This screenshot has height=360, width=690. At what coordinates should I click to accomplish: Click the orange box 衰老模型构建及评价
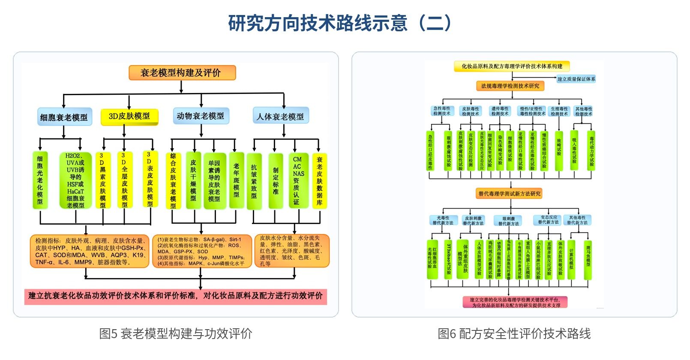pyautogui.click(x=182, y=73)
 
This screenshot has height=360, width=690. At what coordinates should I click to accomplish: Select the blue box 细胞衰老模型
pyautogui.click(x=64, y=117)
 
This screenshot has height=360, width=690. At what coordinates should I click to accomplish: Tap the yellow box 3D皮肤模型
pyautogui.click(x=129, y=117)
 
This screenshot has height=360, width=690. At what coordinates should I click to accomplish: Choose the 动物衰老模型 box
pyautogui.click(x=200, y=116)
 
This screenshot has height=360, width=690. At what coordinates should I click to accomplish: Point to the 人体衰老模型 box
pyautogui.click(x=280, y=116)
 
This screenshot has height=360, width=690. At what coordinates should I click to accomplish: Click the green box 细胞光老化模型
pyautogui.click(x=40, y=180)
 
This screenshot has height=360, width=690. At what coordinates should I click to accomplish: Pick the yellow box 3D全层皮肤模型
pyautogui.click(x=124, y=180)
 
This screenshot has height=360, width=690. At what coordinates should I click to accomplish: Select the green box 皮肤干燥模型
pyautogui.click(x=193, y=180)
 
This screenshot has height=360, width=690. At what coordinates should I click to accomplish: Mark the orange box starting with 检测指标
pyautogui.click(x=90, y=251)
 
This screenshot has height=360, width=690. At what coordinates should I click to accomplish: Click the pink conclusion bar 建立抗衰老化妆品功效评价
pyautogui.click(x=176, y=296)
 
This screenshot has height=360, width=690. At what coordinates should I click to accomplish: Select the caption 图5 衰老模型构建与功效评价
pyautogui.click(x=176, y=333)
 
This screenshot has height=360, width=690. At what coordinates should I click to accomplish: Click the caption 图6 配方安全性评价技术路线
pyautogui.click(x=514, y=333)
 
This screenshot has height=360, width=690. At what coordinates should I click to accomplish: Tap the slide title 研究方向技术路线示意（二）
pyautogui.click(x=340, y=23)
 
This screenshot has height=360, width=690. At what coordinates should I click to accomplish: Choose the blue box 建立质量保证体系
pyautogui.click(x=576, y=79)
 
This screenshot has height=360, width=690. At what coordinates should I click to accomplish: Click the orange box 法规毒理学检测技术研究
pyautogui.click(x=510, y=86)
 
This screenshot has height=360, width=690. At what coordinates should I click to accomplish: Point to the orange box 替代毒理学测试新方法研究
pyautogui.click(x=510, y=194)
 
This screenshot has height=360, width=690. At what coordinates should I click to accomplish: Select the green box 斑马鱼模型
pyautogui.click(x=588, y=256)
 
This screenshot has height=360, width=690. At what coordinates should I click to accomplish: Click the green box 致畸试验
pyautogui.click(x=559, y=149)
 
